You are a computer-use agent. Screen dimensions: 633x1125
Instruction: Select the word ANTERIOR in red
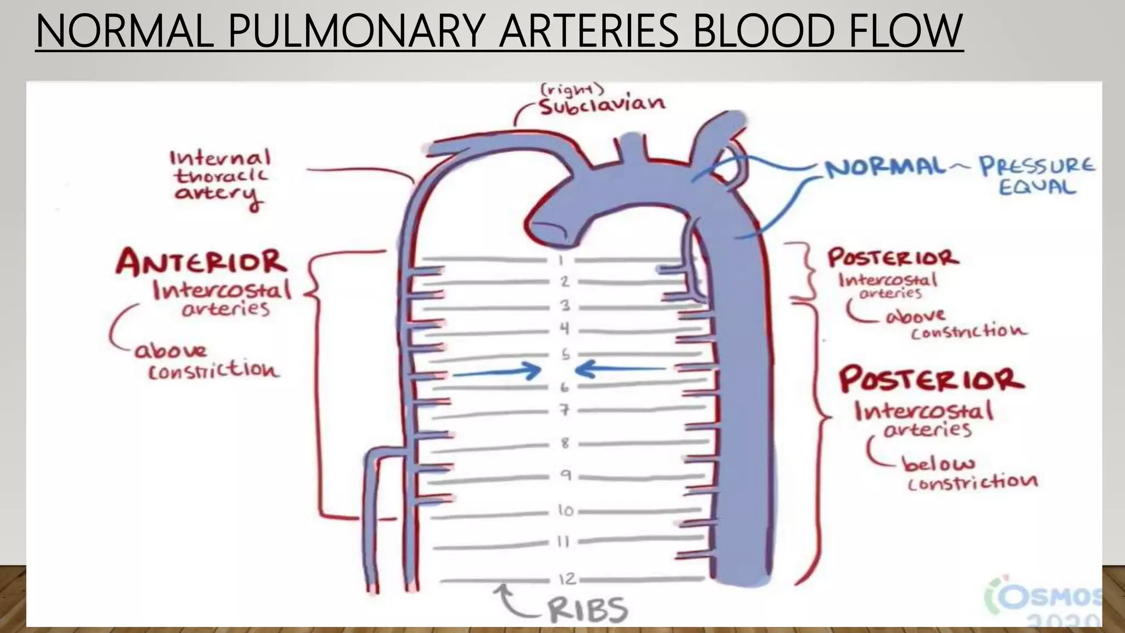tap(202, 262)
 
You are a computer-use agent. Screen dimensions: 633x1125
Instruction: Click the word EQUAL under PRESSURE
tap(1036, 187)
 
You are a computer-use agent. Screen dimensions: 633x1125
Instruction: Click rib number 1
tap(561, 259)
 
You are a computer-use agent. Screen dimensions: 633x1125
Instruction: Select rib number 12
tap(567, 579)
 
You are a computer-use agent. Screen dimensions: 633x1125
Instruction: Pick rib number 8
tap(565, 443)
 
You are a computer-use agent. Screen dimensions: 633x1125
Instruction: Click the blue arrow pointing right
tap(497, 371)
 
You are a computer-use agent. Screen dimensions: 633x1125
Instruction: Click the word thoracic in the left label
tap(221, 176)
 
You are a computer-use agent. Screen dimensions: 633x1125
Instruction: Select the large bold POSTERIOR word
tap(931, 380)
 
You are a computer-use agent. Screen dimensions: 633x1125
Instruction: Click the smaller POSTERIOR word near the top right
tap(893, 258)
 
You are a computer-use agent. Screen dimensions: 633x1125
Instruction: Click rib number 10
tap(566, 511)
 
